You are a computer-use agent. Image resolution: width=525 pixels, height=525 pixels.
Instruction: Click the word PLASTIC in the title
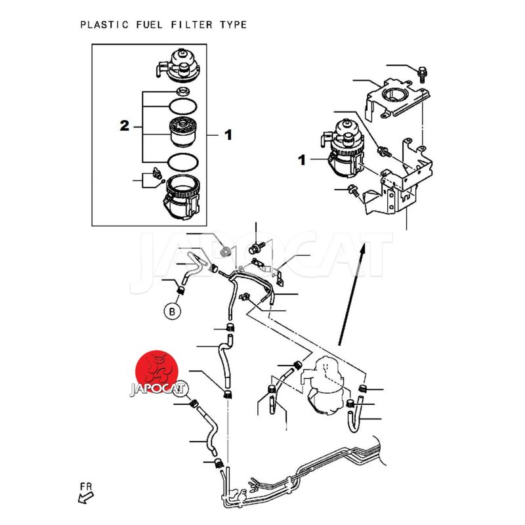click(x=101, y=25)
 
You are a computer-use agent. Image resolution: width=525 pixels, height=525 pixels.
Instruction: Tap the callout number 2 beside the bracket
click(x=124, y=126)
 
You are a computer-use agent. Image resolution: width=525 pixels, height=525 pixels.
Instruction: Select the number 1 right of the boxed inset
click(x=228, y=135)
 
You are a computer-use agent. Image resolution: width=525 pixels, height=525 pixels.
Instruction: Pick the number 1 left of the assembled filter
click(x=303, y=159)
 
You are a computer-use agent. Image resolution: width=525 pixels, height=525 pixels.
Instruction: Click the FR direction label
click(x=85, y=486)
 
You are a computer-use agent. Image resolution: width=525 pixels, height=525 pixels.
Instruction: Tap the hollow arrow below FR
click(x=83, y=498)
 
